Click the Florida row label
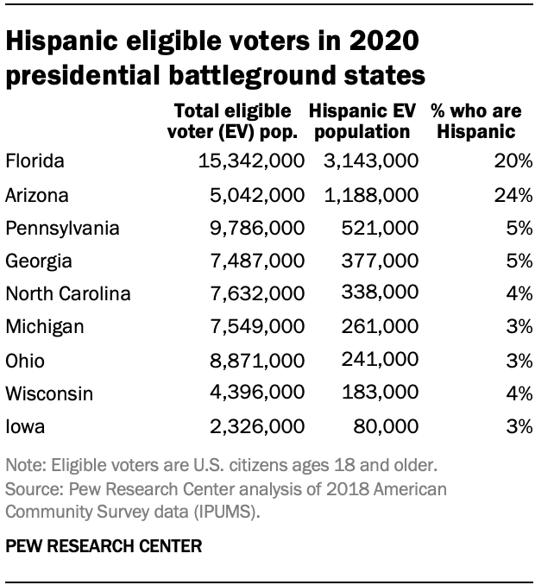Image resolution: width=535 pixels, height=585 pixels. pos(35,160)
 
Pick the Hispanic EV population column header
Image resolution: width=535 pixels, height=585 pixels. pos(363,123)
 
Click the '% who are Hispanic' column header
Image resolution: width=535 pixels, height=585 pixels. pos(475,123)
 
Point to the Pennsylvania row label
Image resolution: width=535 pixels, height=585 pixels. pos(62,228)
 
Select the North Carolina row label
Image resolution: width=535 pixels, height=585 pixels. pos(68,294)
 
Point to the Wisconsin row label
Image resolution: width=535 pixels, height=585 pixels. pos(47,393)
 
